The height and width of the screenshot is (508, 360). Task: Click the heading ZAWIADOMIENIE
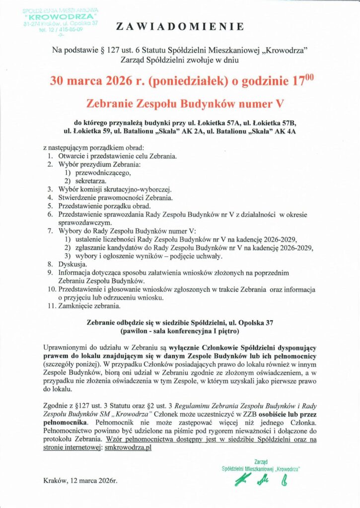click(179, 26)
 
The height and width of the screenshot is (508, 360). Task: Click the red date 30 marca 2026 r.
click(85, 80)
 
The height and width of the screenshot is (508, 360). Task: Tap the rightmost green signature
click(284, 481)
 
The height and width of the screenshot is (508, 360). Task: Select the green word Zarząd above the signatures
click(261, 461)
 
